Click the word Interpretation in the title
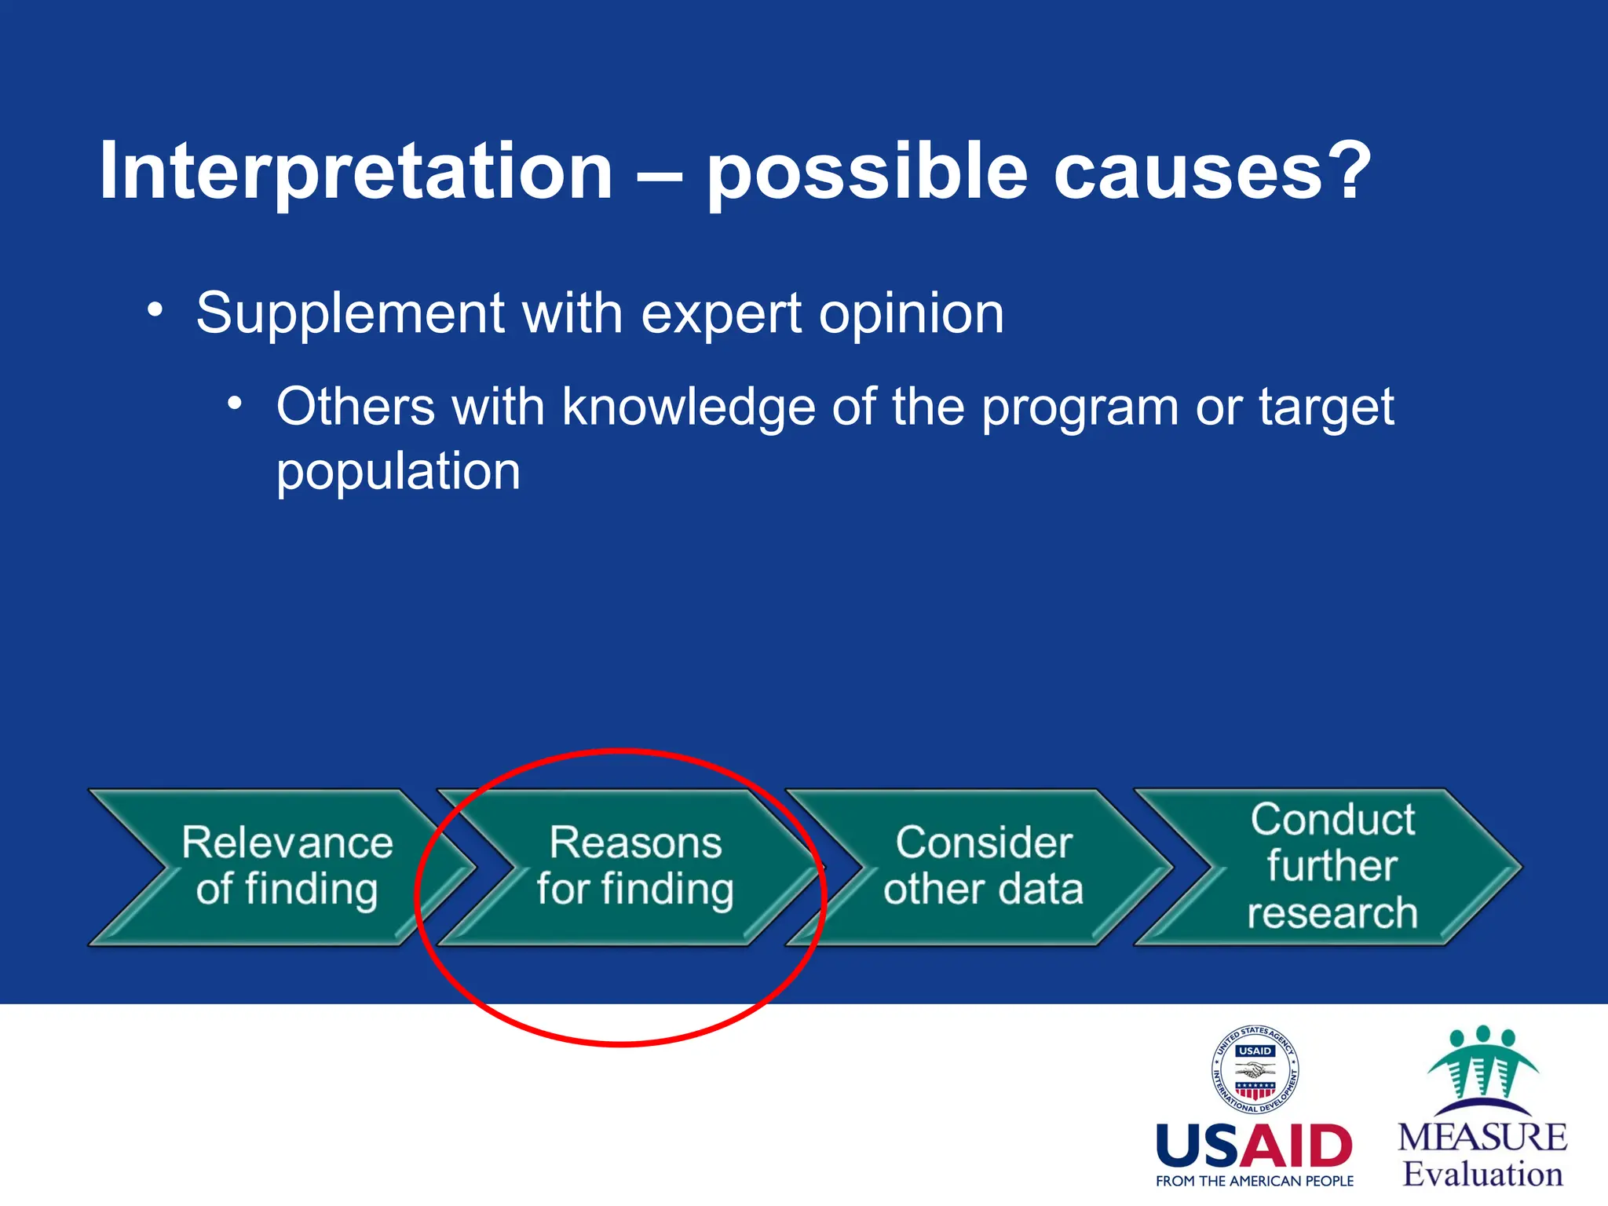[x=355, y=171]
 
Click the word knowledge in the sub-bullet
[x=689, y=407]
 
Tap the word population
[x=398, y=471]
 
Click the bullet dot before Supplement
[x=155, y=309]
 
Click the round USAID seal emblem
[x=1255, y=1069]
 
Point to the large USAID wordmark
[x=1254, y=1146]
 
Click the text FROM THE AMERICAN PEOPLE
[x=1254, y=1181]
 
